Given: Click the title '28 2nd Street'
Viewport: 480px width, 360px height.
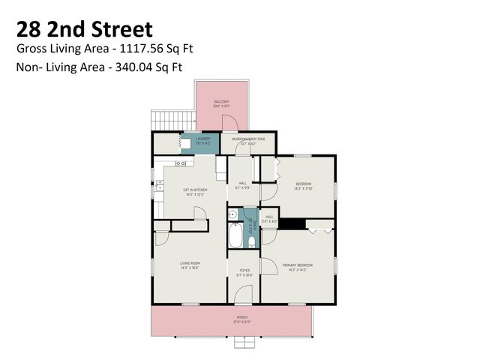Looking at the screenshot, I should coord(84,29).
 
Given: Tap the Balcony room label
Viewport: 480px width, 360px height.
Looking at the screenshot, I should coord(220,102).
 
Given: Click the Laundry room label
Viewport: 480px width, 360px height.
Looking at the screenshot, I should coord(202,139).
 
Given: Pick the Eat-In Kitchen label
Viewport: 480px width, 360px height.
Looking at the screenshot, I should coord(194,190).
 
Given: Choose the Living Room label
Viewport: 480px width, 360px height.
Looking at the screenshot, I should coord(189,262).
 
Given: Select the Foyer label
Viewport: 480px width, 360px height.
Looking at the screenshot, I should coord(244,270).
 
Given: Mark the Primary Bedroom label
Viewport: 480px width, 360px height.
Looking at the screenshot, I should coord(297,265).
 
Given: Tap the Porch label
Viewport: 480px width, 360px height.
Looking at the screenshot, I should coord(242,317).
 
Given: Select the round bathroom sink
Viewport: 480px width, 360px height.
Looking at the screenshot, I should coord(233,214).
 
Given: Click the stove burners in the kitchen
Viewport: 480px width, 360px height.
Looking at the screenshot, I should coord(181,163).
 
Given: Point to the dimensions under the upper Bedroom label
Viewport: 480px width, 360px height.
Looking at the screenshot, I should coord(303,188).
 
